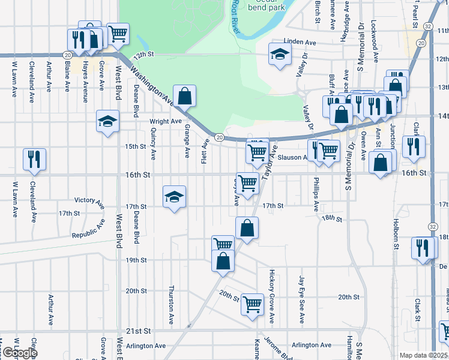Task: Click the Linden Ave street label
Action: pyautogui.click(x=300, y=43)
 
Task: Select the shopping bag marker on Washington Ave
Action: pyautogui.click(x=184, y=95)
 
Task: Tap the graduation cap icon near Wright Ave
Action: pyautogui.click(x=108, y=122)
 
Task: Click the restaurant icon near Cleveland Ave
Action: pyautogui.click(x=34, y=159)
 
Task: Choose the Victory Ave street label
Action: pyautogui.click(x=89, y=200)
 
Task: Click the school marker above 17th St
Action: pyautogui.click(x=174, y=197)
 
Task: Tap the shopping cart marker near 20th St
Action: pyautogui.click(x=253, y=304)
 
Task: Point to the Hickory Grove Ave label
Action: pyautogui.click(x=272, y=294)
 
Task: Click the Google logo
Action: pyautogui.click(x=19, y=353)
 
